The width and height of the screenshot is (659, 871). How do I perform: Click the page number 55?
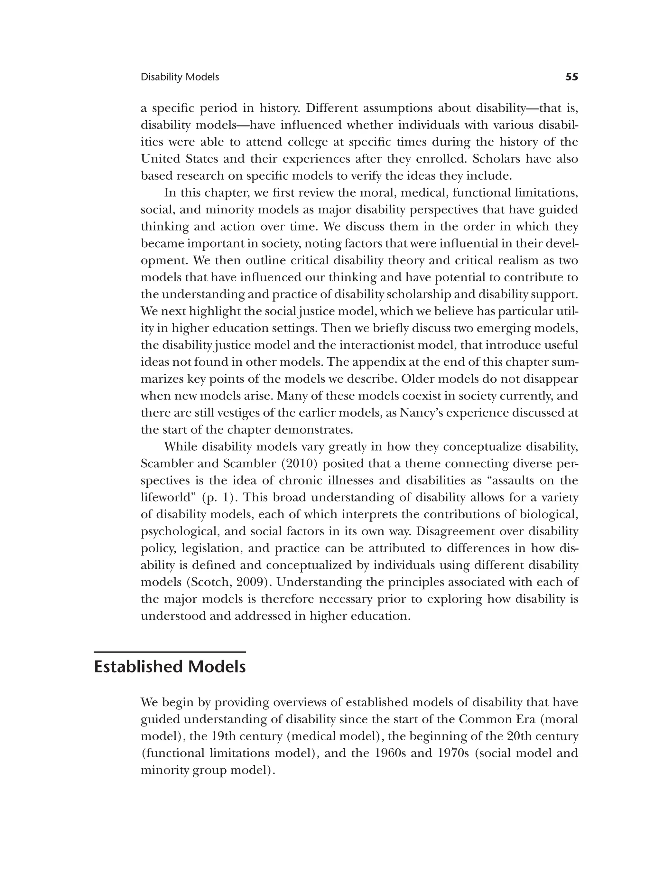[x=571, y=77]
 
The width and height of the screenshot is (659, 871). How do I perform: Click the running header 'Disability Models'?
[x=180, y=77]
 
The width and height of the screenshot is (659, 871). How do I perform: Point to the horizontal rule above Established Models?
[x=170, y=652]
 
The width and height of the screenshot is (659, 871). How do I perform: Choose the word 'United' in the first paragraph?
[x=159, y=159]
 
